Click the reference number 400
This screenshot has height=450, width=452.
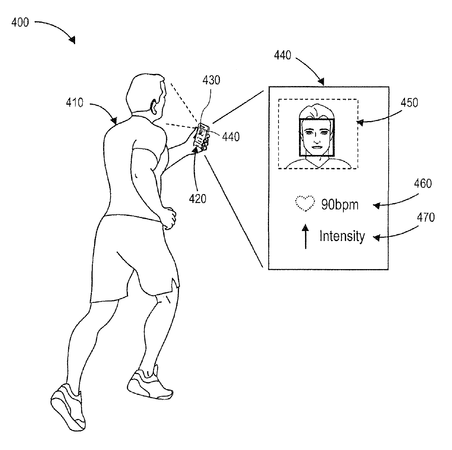tap(20, 23)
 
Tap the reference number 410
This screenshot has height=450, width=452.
tap(74, 103)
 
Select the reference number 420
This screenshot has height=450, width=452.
tap(198, 198)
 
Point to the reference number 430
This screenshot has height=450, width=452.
tap(211, 80)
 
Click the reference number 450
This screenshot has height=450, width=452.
tap(409, 103)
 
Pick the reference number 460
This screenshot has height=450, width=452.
tap(423, 183)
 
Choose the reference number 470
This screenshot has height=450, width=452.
tap(425, 218)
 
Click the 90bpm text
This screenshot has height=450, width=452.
tap(340, 205)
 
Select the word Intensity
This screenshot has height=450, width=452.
tap(342, 236)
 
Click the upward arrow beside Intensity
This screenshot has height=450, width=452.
tap(305, 237)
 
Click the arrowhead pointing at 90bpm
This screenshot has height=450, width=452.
tap(376, 206)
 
